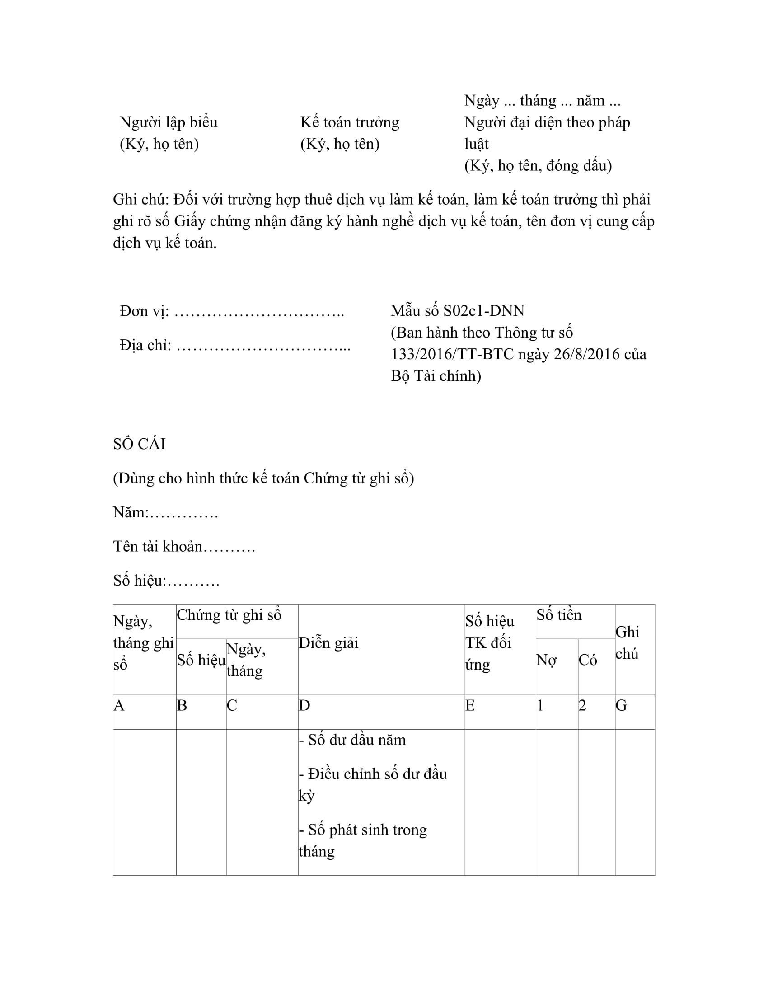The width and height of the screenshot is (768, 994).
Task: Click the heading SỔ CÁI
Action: [139, 444]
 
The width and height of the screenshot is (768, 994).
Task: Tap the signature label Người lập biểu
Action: [169, 122]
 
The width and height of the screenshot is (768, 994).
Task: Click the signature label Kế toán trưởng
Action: [349, 122]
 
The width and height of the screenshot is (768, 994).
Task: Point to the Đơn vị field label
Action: [144, 311]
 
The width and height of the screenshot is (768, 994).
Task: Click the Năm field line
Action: [166, 512]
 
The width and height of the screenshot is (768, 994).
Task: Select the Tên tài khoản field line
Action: [184, 546]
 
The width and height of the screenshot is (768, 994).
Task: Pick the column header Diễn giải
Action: [328, 642]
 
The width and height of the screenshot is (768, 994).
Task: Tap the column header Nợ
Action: [546, 660]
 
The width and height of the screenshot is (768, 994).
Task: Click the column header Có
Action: [587, 660]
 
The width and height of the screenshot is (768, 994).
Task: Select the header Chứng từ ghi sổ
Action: [229, 615]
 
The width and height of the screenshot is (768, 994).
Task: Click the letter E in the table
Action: [470, 705]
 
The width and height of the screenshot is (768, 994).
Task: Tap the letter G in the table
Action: [621, 705]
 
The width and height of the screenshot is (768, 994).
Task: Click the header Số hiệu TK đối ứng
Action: [490, 642]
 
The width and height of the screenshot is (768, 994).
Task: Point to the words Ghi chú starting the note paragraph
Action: [140, 199]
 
